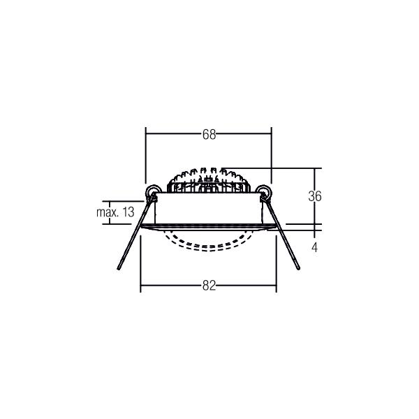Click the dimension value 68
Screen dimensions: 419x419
pyautogui.click(x=209, y=134)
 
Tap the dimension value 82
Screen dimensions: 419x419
pyautogui.click(x=209, y=286)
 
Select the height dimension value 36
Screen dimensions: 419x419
pyautogui.click(x=315, y=196)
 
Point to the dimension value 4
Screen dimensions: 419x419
pyautogui.click(x=315, y=247)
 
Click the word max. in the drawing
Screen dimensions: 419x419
pyautogui.click(x=108, y=212)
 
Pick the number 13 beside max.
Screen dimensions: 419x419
pyautogui.click(x=128, y=212)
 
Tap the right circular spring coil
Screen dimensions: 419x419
pyautogui.click(x=264, y=192)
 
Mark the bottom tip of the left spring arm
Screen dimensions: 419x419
pyautogui.click(x=119, y=269)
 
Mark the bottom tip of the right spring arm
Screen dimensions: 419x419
pyautogui.click(x=298, y=268)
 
